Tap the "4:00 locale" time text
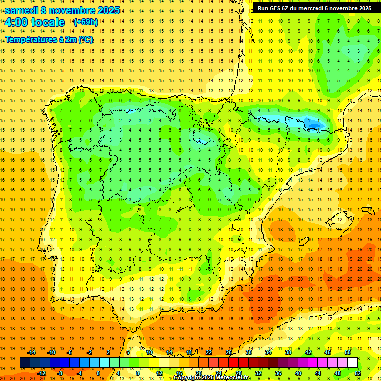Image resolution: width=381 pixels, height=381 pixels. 35,22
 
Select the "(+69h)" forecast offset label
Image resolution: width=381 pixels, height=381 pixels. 86,22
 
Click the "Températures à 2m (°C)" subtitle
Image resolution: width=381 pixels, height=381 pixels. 49,39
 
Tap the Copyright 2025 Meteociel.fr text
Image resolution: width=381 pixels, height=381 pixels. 211,378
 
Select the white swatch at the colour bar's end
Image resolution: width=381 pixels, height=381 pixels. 352,363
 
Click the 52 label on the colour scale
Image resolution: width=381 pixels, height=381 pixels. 358,373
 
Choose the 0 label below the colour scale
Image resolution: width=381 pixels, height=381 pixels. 98,373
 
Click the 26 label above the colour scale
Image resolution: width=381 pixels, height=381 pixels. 228,352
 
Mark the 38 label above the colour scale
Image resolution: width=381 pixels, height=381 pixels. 288,352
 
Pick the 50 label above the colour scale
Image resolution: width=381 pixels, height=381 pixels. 347,352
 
